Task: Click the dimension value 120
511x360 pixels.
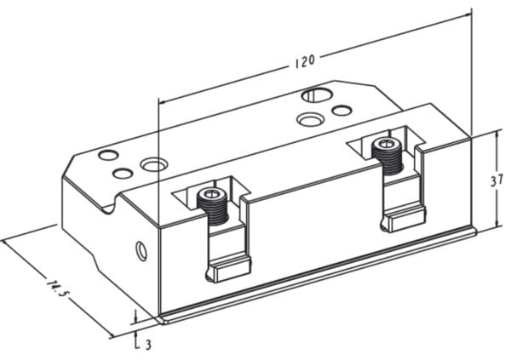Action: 305,60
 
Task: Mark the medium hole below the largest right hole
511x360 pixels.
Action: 309,118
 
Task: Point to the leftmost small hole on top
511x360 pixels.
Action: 107,156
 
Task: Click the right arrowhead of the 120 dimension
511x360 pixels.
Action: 468,14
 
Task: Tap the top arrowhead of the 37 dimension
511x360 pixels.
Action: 497,134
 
